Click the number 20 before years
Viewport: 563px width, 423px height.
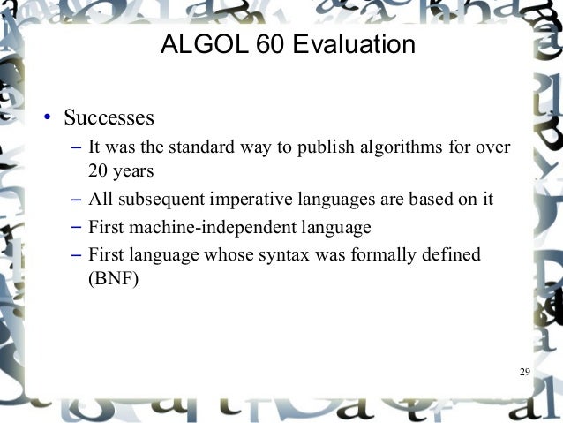coord(98,170)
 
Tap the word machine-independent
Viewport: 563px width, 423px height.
coord(214,228)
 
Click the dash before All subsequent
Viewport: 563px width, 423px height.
coord(76,200)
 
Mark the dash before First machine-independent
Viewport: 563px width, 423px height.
coord(76,228)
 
